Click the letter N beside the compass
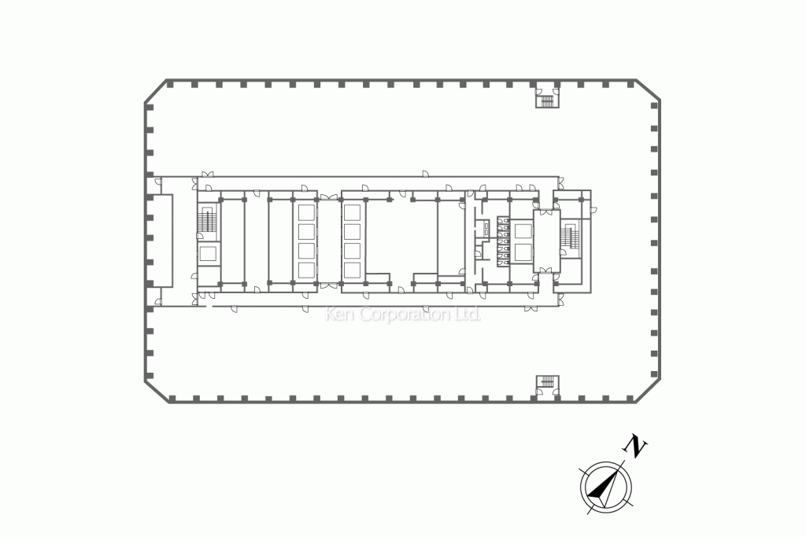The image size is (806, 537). (x=635, y=446)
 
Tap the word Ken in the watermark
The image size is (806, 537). (x=340, y=314)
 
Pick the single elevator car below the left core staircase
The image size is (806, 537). (x=208, y=255)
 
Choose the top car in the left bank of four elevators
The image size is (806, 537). (x=306, y=213)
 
